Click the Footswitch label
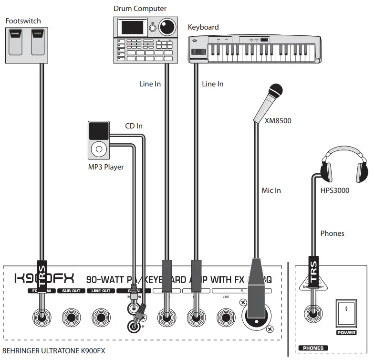pos(22,21)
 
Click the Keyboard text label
pos(203,27)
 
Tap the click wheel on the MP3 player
pos(99,148)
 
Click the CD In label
pos(134,126)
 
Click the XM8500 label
pos(278,121)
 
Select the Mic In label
pos(271,190)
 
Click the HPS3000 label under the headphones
pos(335,190)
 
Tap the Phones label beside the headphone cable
pos(332,233)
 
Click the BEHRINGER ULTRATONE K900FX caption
pos(53,351)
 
